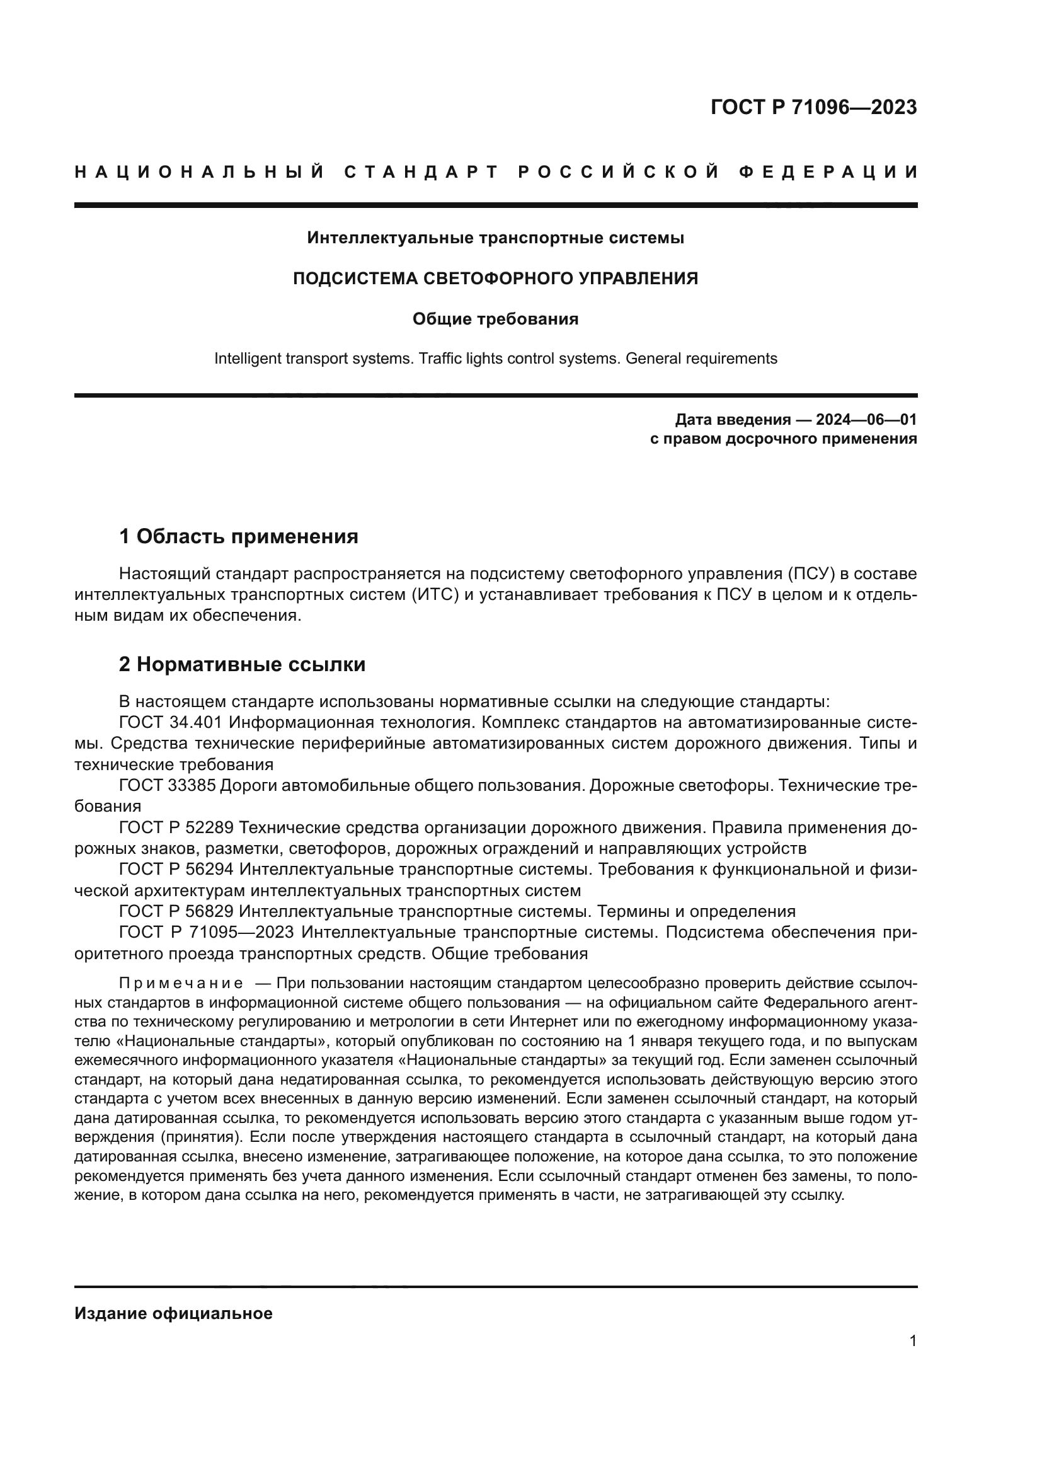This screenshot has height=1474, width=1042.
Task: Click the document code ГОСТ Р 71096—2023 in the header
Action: point(813,107)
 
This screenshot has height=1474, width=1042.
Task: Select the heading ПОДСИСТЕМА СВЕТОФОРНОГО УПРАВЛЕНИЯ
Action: point(495,279)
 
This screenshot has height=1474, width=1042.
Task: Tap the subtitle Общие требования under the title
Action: point(495,319)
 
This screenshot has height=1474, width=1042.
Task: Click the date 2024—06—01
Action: point(866,420)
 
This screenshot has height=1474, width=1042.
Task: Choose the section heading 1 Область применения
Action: point(239,536)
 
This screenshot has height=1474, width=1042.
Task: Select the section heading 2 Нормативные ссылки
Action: point(242,664)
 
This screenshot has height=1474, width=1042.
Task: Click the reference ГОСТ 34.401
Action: point(171,723)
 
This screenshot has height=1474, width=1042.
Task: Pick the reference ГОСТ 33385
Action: point(168,786)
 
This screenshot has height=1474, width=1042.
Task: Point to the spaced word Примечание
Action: point(181,984)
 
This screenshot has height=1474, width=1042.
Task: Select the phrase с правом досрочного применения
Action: point(784,439)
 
